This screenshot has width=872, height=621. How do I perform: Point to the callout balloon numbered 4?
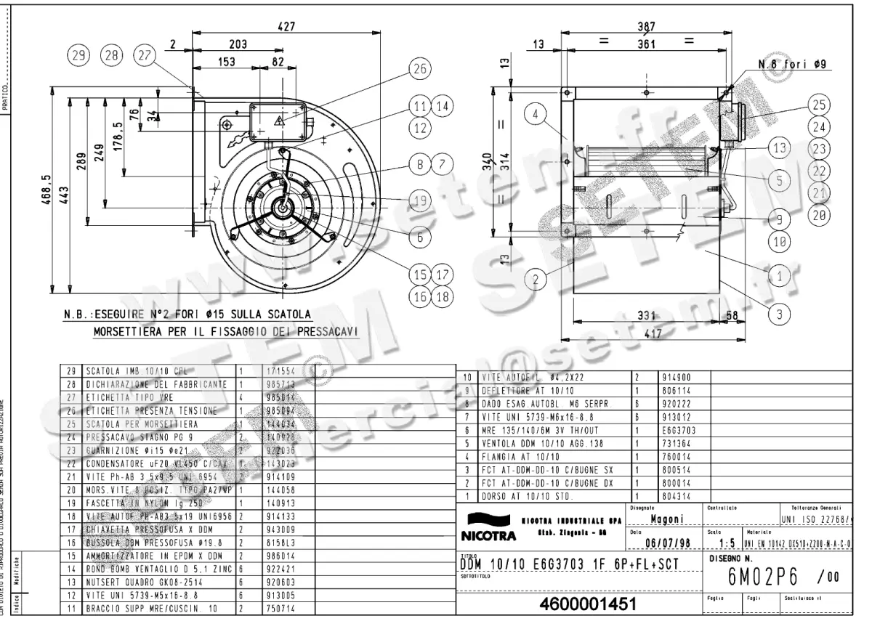536,114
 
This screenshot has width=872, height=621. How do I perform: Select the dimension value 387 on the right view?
646,27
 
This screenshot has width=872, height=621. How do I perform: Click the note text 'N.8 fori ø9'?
793,64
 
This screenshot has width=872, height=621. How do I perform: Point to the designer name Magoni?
665,519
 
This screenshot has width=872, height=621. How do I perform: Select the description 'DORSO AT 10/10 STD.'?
527,496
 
